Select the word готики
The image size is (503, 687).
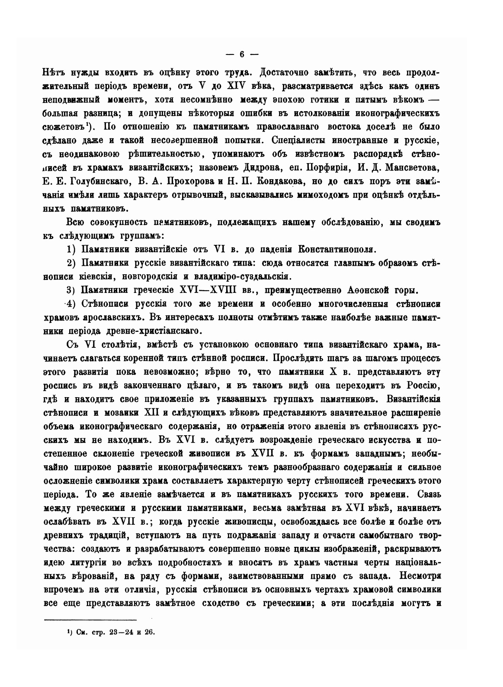pos(324,100)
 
